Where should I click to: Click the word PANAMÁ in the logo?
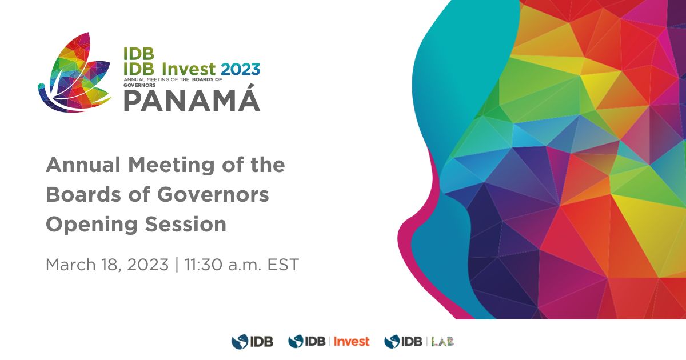click(x=192, y=101)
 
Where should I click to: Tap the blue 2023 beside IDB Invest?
click(x=240, y=69)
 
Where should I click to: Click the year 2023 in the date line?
click(x=148, y=265)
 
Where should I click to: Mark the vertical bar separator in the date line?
click(x=177, y=265)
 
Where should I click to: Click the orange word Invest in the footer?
click(x=351, y=342)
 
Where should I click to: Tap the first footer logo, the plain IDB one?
click(x=252, y=342)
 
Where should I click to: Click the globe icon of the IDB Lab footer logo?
click(x=392, y=342)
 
